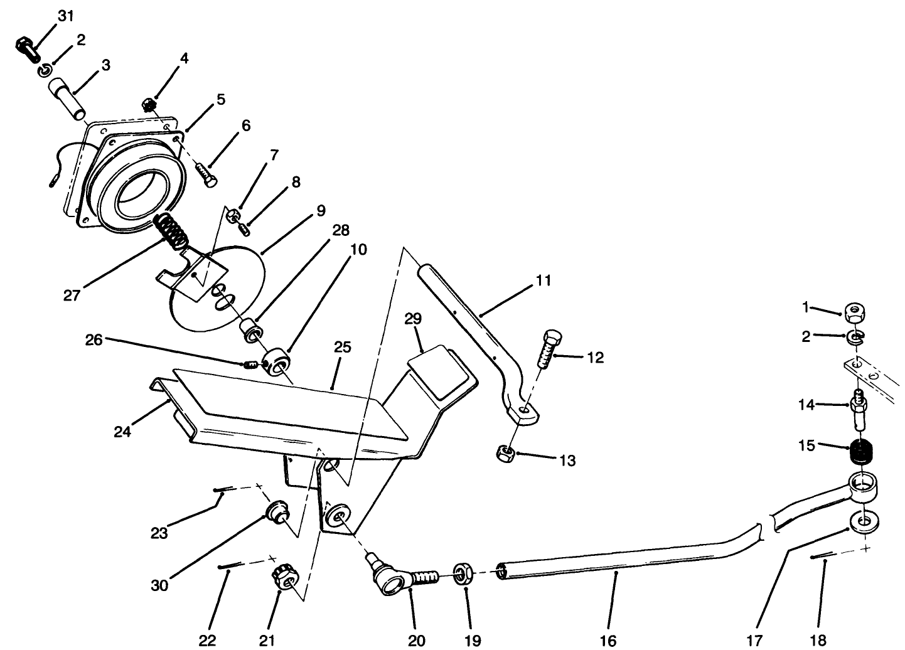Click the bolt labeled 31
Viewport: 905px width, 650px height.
tap(24, 48)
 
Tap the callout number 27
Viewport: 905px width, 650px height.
tap(72, 295)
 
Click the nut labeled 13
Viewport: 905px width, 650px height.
tap(506, 452)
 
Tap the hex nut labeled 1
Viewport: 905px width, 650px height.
tap(854, 311)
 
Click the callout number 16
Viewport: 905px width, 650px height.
tap(608, 640)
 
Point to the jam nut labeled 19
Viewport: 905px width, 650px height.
tap(463, 573)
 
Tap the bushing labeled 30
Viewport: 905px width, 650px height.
tap(275, 511)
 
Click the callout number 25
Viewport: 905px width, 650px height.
tap(343, 347)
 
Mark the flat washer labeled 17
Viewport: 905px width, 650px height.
tap(865, 520)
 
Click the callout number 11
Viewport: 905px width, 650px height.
tap(544, 280)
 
